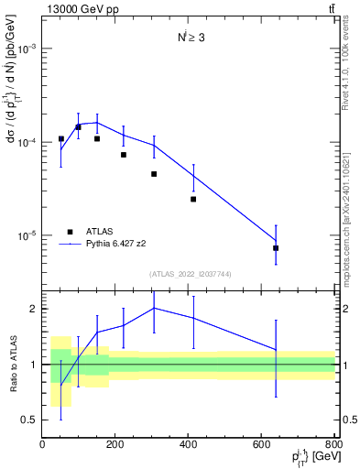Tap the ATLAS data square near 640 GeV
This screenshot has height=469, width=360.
[x=276, y=248]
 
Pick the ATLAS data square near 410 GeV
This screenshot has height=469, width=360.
[x=193, y=199]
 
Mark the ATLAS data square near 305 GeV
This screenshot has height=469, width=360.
[x=154, y=174]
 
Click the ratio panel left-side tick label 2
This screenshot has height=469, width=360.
[x=33, y=309]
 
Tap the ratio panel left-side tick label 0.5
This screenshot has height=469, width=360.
[x=29, y=420]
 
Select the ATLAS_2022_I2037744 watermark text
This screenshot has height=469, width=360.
[x=188, y=274]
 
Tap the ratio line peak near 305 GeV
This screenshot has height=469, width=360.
[x=154, y=308]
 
